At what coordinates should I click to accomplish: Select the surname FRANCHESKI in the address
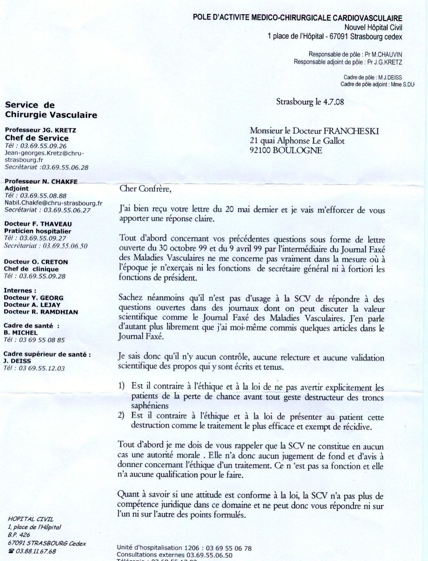pyautogui.click(x=351, y=131)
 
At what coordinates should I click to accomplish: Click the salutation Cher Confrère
pyautogui.click(x=145, y=189)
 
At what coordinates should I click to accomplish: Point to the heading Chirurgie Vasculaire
pyautogui.click(x=51, y=115)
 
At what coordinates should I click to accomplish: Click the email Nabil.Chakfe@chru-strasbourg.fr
pyautogui.click(x=53, y=203)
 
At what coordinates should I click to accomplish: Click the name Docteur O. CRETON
pyautogui.click(x=36, y=262)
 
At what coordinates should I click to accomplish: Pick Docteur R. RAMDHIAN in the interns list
pyautogui.click(x=41, y=312)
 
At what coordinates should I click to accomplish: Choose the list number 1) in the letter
pyautogui.click(x=121, y=386)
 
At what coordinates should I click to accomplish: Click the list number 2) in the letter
pyautogui.click(x=121, y=415)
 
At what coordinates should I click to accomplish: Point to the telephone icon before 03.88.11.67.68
pyautogui.click(x=11, y=551)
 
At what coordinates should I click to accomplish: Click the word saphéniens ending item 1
pyautogui.click(x=150, y=406)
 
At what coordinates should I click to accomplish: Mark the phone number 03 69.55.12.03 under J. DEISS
pyautogui.click(x=41, y=368)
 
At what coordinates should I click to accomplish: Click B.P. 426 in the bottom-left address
pyautogui.click(x=19, y=535)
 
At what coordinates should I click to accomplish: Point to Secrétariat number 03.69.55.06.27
pyautogui.click(x=67, y=210)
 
